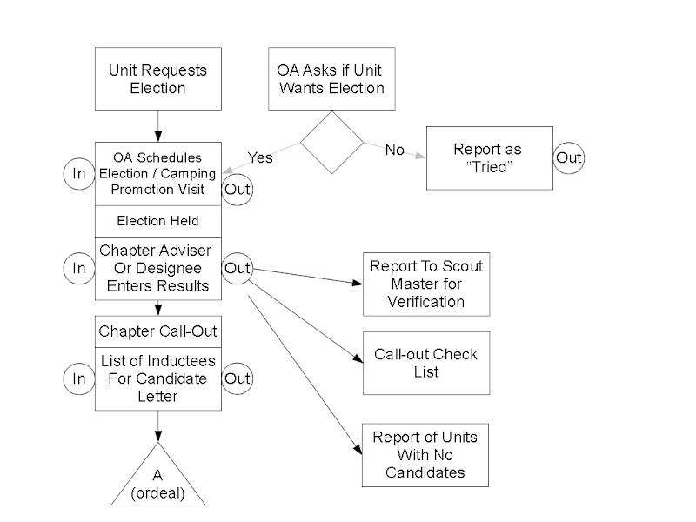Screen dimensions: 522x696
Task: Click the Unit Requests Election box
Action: (157, 79)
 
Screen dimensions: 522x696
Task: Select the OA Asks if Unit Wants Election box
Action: (331, 79)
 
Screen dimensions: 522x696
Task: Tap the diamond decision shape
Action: (331, 143)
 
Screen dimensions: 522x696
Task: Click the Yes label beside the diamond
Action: (260, 157)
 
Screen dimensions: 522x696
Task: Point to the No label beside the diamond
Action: (395, 150)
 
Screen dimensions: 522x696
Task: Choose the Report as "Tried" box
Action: (488, 157)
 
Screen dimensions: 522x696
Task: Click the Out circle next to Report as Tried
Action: (569, 157)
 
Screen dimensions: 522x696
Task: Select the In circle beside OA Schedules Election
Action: (79, 173)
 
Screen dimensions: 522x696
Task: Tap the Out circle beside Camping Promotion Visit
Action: (238, 189)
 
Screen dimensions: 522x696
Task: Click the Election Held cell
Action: (157, 221)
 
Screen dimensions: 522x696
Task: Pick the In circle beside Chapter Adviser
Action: (79, 268)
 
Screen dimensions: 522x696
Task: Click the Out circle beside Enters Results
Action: (238, 268)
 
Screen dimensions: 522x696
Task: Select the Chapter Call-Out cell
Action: (157, 331)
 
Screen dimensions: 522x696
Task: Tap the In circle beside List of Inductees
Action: (79, 378)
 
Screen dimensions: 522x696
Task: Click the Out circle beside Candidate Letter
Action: (238, 378)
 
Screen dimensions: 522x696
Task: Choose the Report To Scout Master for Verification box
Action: (426, 284)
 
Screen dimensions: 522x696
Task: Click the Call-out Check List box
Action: (426, 363)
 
